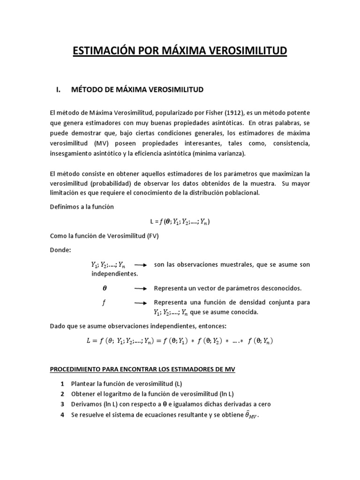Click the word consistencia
[288, 143]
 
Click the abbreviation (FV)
[151, 236]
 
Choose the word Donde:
[60, 250]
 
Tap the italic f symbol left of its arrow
[104, 302]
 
